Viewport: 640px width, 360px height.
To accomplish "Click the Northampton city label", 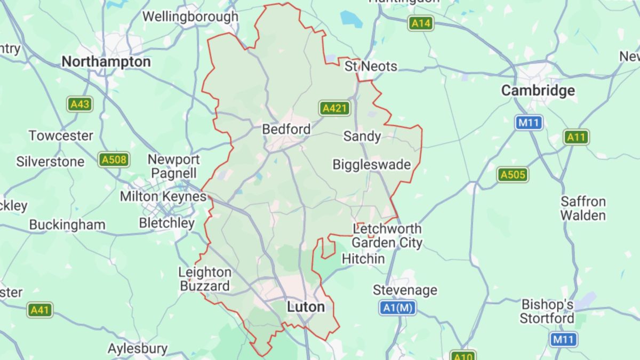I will (106, 62).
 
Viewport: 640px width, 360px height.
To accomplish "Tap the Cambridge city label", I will (538, 91).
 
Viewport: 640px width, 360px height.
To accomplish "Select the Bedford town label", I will (286, 129).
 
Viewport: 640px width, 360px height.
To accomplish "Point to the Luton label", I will (306, 307).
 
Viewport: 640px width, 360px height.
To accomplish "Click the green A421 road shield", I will (335, 109).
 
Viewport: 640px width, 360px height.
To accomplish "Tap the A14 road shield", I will (421, 23).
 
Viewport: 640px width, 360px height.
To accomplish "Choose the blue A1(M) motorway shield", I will (398, 308).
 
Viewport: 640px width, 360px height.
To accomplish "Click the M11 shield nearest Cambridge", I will (529, 123).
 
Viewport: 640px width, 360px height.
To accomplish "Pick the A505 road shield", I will (513, 174).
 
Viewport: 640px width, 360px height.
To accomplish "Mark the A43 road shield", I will (80, 104).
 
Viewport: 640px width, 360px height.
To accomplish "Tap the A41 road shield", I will (41, 310).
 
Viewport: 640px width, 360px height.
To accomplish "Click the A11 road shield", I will (576, 137).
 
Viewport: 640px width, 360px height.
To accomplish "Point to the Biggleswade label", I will (372, 164).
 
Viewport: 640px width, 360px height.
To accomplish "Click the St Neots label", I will (371, 67).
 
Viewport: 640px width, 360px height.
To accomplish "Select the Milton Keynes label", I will (163, 197).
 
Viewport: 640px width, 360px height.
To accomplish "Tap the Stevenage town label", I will (405, 290).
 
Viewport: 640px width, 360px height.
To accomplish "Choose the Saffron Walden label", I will (583, 209).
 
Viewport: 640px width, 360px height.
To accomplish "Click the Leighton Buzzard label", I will (205, 279).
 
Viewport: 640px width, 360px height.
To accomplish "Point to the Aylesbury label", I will (138, 349).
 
